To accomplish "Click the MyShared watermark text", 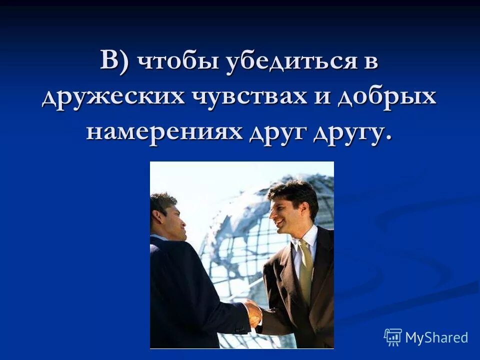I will (x=436, y=337).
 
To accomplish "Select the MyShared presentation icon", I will (x=393, y=337).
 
